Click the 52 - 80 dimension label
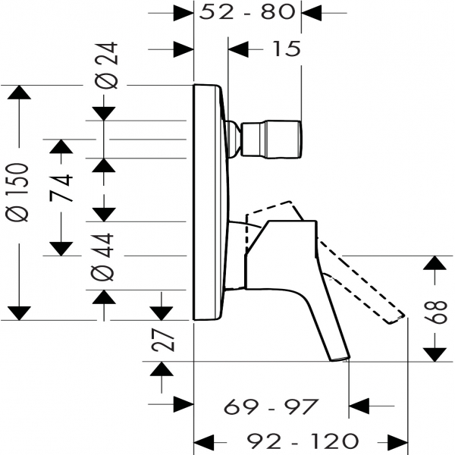coord(247,13)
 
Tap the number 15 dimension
coord(287,49)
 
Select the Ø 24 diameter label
coord(106,65)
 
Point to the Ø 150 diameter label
coord(17,193)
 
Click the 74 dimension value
coord(61,188)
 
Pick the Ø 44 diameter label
coord(102,257)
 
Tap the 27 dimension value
coord(163,340)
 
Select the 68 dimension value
coord(435,312)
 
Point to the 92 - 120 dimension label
coord(303,441)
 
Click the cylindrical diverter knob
coord(271,140)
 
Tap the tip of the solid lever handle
coord(340,359)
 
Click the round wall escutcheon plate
coord(209,202)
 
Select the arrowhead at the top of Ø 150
coord(19,93)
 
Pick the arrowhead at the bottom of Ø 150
coord(19,313)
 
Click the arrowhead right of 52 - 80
coord(312,13)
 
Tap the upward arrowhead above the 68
coord(435,262)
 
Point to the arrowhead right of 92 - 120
coord(398,443)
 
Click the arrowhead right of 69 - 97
coord(359,406)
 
